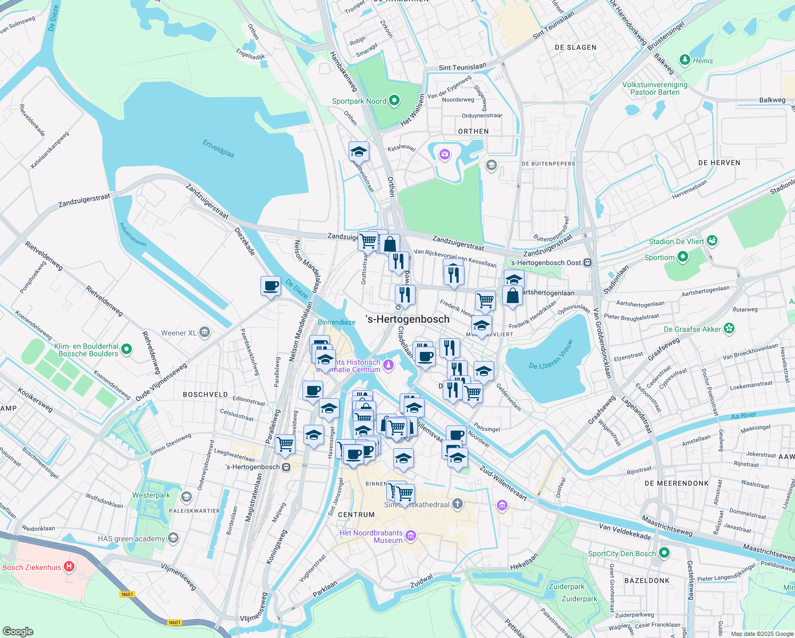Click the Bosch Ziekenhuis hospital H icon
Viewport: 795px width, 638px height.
(x=69, y=567)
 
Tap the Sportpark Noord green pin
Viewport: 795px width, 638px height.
(x=394, y=100)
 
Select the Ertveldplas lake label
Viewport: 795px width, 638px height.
(x=218, y=148)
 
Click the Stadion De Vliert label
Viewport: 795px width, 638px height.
(x=676, y=241)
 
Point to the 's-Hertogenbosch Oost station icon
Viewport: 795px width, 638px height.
(x=587, y=262)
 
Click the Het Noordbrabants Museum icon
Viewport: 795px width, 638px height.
(x=411, y=535)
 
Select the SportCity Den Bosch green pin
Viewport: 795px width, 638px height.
(x=664, y=553)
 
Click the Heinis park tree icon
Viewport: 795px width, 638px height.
(x=685, y=60)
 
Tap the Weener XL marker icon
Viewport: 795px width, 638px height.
(x=205, y=333)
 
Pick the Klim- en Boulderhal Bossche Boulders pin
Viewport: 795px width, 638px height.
(x=126, y=349)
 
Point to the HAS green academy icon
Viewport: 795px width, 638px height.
(x=173, y=538)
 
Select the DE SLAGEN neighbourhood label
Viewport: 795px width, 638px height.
(x=576, y=47)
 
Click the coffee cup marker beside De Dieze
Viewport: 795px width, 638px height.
(x=271, y=286)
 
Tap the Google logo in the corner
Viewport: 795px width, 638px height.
(x=18, y=631)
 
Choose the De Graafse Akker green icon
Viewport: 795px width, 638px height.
(x=729, y=329)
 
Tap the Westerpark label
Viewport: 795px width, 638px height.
(x=151, y=496)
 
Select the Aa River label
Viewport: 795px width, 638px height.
(x=744, y=416)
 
